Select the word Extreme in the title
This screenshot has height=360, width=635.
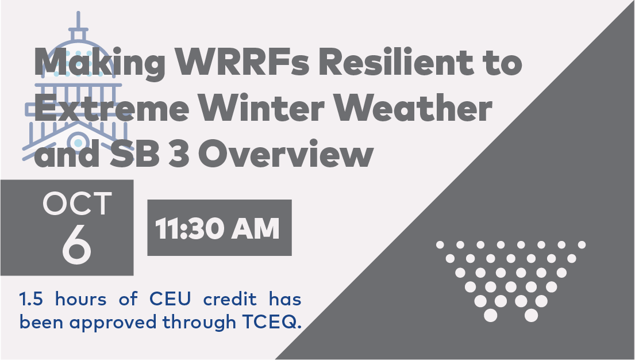(x=112, y=108)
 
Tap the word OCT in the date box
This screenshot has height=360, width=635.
(x=77, y=203)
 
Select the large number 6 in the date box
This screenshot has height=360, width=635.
(x=76, y=244)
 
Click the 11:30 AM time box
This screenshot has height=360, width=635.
(x=219, y=227)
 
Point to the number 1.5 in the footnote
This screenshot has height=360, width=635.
(x=32, y=299)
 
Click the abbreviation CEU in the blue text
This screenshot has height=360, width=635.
(x=170, y=299)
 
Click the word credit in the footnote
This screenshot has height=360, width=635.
(x=230, y=299)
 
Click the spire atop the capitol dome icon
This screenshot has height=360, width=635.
(x=78, y=20)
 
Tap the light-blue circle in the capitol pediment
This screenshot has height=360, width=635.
(x=78, y=142)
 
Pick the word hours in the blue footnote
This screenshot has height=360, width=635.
(x=81, y=299)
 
